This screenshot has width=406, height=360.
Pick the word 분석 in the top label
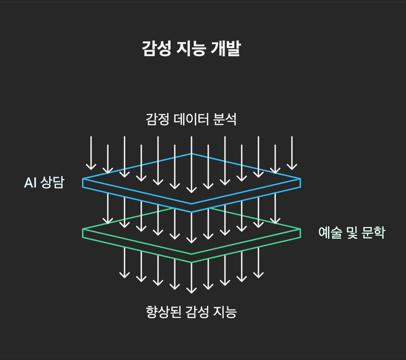(x=224, y=119)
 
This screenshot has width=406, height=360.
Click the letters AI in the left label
(x=30, y=183)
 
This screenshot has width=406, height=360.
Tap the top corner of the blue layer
(x=192, y=154)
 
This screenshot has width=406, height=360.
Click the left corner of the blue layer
(x=83, y=179)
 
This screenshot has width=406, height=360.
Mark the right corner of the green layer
(x=300, y=229)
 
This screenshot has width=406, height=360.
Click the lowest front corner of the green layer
(x=192, y=262)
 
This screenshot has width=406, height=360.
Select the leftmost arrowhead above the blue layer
(x=91, y=168)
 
